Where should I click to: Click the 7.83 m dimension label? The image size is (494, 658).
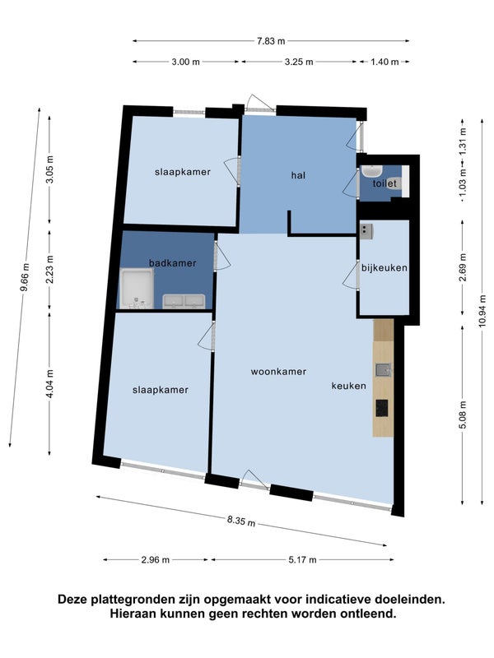[x=271, y=40]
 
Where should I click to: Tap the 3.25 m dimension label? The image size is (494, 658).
[x=299, y=62]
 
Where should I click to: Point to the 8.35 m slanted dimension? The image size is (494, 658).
[x=241, y=521]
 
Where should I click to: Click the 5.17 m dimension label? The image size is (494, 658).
[x=302, y=559]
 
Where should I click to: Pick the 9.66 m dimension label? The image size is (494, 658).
[x=25, y=277]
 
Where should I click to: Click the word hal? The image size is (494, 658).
[x=298, y=175]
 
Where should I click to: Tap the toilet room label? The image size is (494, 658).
[x=384, y=183]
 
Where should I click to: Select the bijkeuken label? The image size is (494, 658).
[x=384, y=268]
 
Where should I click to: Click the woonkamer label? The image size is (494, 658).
[x=278, y=372]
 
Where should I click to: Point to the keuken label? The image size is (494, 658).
[x=348, y=386]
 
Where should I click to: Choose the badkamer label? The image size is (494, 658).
[x=173, y=263]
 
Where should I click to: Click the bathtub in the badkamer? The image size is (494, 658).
[x=137, y=289]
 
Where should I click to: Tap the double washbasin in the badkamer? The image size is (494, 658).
[x=184, y=301]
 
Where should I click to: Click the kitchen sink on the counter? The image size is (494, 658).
[x=383, y=369]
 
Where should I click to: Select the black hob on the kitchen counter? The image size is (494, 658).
[x=382, y=408]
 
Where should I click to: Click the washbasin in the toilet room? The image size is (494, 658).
[x=371, y=171]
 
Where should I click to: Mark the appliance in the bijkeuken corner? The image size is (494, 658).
[x=366, y=231]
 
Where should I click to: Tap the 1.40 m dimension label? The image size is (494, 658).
[x=384, y=62]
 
